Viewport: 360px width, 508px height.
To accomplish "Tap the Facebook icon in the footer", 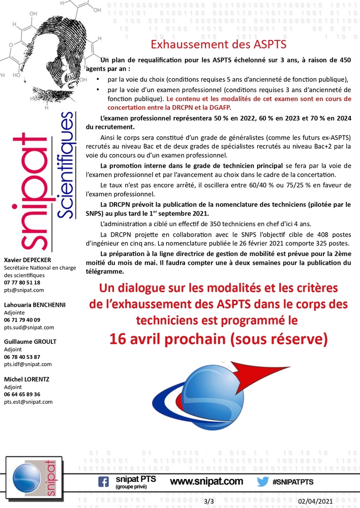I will tap(103, 482).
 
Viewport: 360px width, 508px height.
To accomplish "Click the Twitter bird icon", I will tap(262, 482).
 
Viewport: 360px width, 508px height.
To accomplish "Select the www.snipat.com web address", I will tap(206, 482).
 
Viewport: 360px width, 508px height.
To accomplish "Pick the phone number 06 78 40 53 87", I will tap(22, 357).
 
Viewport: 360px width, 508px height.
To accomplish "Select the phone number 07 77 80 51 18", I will tap(22, 282).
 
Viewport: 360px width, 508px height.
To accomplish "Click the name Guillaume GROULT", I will tap(30, 342).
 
